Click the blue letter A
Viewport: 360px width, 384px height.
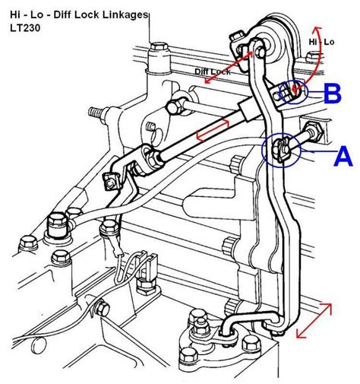coord(343,157)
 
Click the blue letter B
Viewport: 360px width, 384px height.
coord(333,93)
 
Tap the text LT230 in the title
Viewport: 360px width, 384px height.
coord(25,28)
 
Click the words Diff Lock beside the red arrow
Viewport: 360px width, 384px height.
coord(213,71)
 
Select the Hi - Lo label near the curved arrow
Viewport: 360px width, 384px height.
coord(321,42)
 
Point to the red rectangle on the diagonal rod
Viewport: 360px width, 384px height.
coord(213,130)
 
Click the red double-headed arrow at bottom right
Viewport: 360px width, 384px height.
coord(314,320)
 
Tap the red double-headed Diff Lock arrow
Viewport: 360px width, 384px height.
coord(229,67)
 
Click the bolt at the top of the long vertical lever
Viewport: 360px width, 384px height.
coord(259,52)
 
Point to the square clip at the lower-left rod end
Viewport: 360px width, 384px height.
coord(111,182)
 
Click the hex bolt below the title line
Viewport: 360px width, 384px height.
coord(159,48)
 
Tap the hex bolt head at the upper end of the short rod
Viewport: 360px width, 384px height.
coord(175,107)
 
